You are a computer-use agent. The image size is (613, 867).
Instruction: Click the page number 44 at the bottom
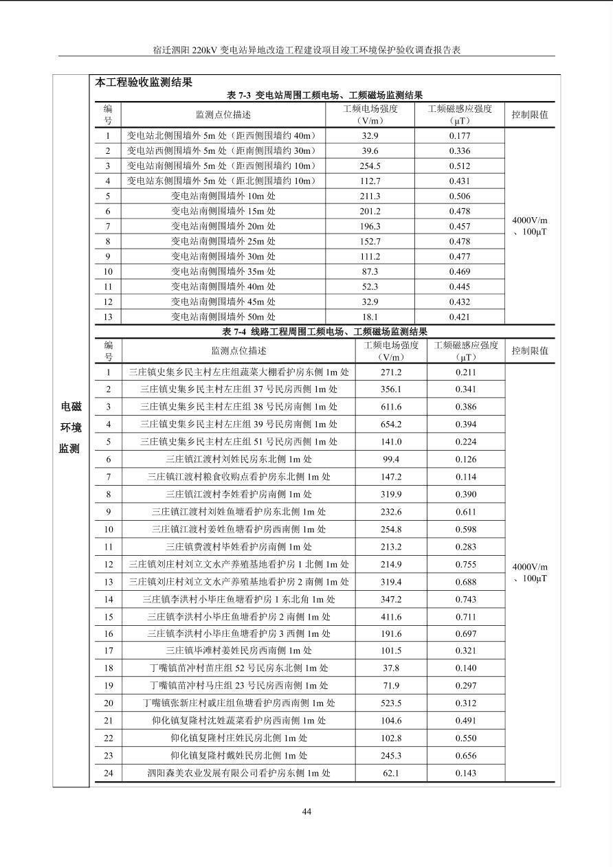pyautogui.click(x=306, y=811)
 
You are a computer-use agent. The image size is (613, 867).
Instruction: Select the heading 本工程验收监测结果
pyautogui.click(x=144, y=82)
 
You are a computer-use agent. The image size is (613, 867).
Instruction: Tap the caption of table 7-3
pyautogui.click(x=325, y=95)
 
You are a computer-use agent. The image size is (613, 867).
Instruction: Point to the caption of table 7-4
pyautogui.click(x=325, y=333)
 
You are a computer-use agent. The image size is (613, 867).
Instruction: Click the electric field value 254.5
pyautogui.click(x=370, y=166)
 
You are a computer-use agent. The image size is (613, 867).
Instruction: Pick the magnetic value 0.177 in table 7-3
pyautogui.click(x=460, y=136)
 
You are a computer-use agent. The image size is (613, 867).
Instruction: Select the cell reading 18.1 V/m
pyautogui.click(x=370, y=317)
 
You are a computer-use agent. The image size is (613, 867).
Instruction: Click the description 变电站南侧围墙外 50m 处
pyautogui.click(x=223, y=317)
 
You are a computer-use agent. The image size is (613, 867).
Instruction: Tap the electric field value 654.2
pyautogui.click(x=391, y=425)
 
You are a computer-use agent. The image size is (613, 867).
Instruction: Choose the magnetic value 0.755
pyautogui.click(x=465, y=564)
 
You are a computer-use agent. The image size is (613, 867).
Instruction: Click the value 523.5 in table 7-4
pyautogui.click(x=391, y=703)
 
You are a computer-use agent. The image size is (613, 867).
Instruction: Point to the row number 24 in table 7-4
pyautogui.click(x=109, y=773)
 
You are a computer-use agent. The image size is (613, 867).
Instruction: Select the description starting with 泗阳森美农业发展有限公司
pyautogui.click(x=238, y=773)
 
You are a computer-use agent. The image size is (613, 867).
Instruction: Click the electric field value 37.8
pyautogui.click(x=391, y=668)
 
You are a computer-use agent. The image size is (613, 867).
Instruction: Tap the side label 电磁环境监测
pyautogui.click(x=70, y=427)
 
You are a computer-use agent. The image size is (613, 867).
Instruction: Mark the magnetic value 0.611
pyautogui.click(x=465, y=512)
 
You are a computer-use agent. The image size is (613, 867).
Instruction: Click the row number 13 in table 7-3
pyautogui.click(x=108, y=317)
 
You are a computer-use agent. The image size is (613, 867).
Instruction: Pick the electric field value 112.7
pyautogui.click(x=370, y=181)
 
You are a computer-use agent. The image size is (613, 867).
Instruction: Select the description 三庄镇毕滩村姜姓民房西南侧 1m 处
pyautogui.click(x=238, y=651)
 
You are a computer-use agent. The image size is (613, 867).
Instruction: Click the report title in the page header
pyautogui.click(x=306, y=51)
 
